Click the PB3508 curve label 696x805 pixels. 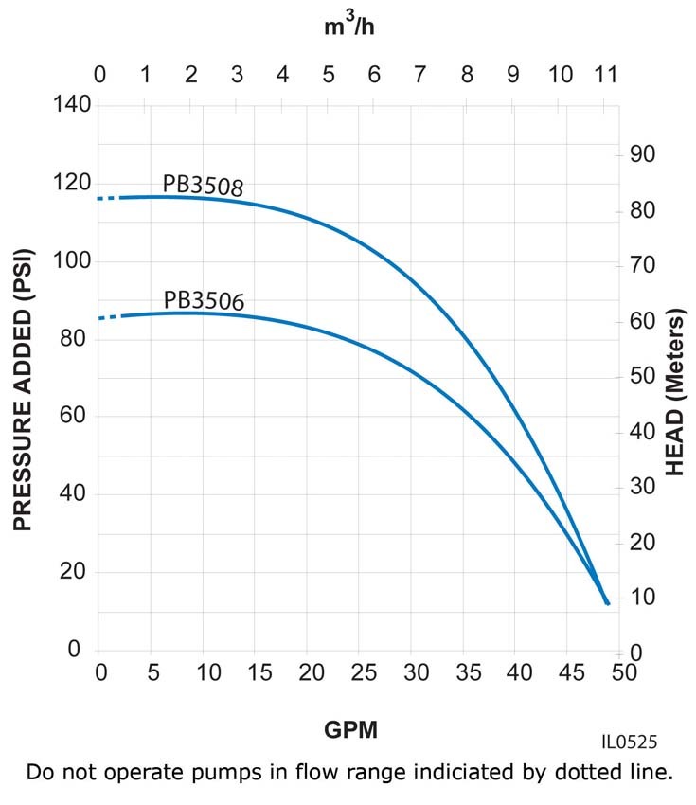(x=203, y=185)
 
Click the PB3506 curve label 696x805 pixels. (x=204, y=300)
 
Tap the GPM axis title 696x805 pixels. (x=352, y=729)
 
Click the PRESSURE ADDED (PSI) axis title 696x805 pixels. (x=23, y=389)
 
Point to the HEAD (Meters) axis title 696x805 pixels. (x=674, y=391)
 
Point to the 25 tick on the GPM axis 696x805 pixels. (x=358, y=673)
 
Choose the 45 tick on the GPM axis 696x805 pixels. (x=566, y=673)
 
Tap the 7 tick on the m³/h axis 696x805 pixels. (x=419, y=75)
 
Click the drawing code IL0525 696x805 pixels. (x=628, y=742)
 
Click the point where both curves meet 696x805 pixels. (x=607, y=602)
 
